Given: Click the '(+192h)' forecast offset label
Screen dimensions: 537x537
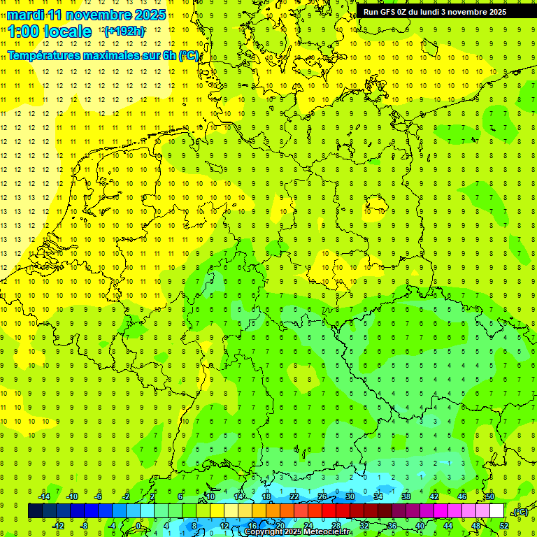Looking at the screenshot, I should click(124, 31).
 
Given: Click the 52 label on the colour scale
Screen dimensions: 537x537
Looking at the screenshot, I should click(503, 526).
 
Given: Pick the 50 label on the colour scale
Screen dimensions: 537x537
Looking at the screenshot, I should click(489, 496).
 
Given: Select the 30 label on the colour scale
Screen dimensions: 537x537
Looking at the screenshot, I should click(350, 496).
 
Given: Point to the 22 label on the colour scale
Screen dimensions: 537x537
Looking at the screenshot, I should click(294, 496).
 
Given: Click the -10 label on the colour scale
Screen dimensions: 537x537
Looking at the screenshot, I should click(71, 496).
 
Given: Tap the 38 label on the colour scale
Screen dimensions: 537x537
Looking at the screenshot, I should click(406, 496).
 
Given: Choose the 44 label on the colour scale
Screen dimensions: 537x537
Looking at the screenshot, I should click(447, 526).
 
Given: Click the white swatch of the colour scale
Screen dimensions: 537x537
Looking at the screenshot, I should click(496, 511).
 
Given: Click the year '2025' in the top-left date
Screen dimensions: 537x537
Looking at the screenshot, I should click(150, 15).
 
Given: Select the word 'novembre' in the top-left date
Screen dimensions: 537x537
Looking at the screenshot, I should click(99, 15).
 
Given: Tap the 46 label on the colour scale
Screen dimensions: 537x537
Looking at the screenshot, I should click(461, 496).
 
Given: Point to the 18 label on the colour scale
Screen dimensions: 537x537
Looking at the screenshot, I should click(266, 496).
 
